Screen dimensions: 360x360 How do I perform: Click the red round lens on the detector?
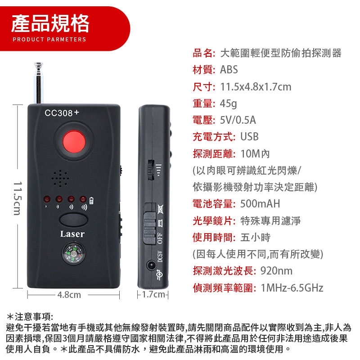tap(74, 141)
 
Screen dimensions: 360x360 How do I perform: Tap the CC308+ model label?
tap(62, 113)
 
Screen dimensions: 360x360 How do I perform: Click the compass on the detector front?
tap(74, 254)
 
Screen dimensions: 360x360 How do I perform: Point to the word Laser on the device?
tap(72, 234)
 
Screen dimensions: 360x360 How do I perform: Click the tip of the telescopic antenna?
tap(38, 63)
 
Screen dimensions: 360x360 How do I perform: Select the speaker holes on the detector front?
tap(60, 178)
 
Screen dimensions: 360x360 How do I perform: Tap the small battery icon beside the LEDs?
tap(91, 200)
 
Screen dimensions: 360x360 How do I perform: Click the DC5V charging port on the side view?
tap(151, 266)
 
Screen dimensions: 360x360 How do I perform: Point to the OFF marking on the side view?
tap(160, 239)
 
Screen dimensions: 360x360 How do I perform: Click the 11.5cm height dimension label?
tap(18, 198)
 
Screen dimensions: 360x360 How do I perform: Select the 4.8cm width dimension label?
tap(69, 295)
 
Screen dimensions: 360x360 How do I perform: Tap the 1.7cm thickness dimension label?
tap(153, 294)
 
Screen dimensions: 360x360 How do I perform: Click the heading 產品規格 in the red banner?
tap(50, 23)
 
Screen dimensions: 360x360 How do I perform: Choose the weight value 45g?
tap(228, 103)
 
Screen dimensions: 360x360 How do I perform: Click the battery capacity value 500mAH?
tap(260, 204)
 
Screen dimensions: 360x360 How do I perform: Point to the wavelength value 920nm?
tap(276, 271)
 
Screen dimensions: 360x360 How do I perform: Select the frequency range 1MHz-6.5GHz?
tap(292, 288)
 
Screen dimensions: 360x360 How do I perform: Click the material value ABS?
tap(229, 70)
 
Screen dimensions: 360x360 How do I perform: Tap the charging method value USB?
tap(249, 137)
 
